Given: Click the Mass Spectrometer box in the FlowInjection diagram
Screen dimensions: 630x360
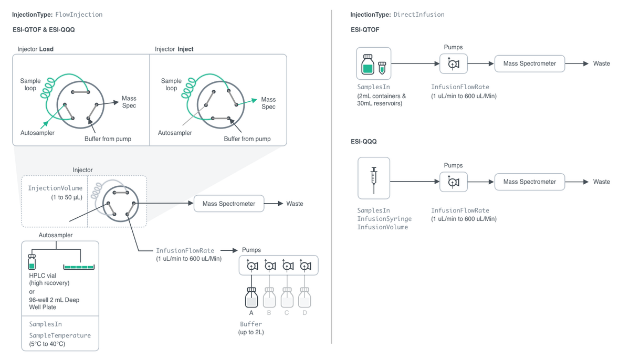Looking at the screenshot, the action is click(229, 204).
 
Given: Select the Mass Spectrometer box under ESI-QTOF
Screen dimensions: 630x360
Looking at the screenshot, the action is click(530, 63).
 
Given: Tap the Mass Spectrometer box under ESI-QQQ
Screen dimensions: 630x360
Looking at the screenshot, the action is click(530, 182).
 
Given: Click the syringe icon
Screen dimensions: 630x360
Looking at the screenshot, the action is click(374, 180).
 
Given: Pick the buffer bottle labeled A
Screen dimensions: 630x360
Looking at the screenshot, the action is click(251, 298).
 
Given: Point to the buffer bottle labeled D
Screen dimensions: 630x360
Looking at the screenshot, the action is click(304, 298).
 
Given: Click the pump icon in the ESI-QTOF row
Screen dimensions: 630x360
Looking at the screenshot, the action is click(454, 64).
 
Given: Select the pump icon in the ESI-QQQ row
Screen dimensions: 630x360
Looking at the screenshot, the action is click(454, 182).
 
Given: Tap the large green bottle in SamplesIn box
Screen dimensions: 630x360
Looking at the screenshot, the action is click(368, 65).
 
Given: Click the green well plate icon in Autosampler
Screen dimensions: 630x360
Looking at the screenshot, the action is click(79, 267).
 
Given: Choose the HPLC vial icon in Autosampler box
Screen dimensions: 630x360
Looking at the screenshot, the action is click(32, 262).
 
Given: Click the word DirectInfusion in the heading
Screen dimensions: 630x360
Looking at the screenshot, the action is click(419, 15).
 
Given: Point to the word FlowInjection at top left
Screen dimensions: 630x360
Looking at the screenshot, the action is click(79, 15).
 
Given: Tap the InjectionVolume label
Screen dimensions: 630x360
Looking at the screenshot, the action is click(55, 188).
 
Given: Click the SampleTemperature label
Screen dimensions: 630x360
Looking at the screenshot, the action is click(60, 335).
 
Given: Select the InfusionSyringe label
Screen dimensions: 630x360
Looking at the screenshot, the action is click(384, 219).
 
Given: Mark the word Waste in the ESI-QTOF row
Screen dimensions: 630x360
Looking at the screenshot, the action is click(602, 63).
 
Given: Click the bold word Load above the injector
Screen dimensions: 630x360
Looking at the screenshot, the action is click(46, 49).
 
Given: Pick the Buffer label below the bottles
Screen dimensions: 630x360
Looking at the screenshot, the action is click(251, 324).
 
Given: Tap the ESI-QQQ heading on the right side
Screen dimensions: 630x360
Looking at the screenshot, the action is click(363, 141).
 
